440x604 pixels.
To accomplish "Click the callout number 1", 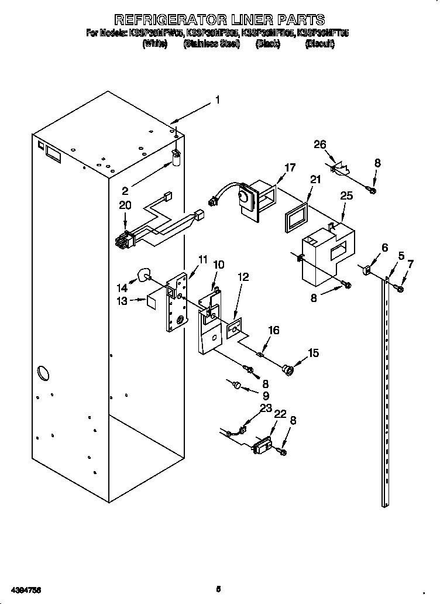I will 217,100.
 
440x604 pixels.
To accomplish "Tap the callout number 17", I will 290,167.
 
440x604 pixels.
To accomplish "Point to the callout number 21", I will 315,180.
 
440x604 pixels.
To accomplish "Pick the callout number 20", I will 125,205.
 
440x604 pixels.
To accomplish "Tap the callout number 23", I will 266,408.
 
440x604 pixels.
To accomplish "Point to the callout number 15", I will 314,353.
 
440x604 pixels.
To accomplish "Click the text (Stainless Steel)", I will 211,44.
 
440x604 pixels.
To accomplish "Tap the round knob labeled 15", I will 288,369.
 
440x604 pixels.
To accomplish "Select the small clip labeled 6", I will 367,270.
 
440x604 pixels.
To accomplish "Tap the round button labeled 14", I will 143,274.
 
